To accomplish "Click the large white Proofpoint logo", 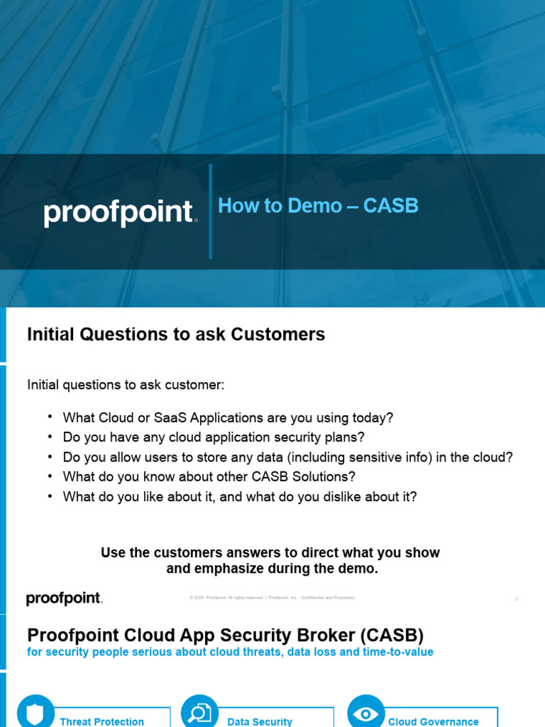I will click(120, 213).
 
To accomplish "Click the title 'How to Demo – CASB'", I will click(318, 206).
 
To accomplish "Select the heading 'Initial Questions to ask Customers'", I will click(176, 334).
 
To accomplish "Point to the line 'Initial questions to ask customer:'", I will click(126, 385).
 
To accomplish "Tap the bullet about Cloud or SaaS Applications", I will click(228, 417).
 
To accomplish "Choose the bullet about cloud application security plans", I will click(214, 437).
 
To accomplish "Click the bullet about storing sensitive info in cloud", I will click(287, 457).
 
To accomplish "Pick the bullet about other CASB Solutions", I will click(209, 477).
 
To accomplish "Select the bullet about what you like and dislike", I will click(240, 497).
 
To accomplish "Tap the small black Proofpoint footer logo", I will click(65, 598).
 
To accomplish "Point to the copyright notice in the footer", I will click(272, 598).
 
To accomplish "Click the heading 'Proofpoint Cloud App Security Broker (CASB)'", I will click(225, 635).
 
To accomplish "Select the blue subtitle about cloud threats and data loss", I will click(230, 652).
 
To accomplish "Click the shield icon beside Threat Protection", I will click(35, 712).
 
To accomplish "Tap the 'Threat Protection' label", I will click(102, 721).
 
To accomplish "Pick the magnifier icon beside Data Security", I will click(199, 712).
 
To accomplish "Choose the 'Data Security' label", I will click(260, 721).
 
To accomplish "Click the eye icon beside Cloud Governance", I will click(365, 712).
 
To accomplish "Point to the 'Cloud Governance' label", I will click(434, 721).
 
